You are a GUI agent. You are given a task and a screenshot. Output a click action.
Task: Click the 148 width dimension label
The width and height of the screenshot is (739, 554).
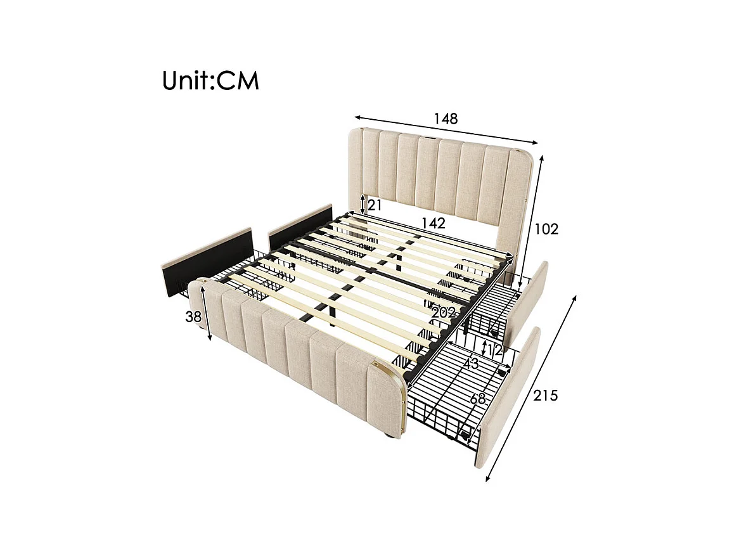click(446, 119)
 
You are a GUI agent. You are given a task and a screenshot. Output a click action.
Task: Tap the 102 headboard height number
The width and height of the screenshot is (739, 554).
click(546, 229)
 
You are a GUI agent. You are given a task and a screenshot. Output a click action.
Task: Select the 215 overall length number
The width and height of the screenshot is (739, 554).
click(545, 396)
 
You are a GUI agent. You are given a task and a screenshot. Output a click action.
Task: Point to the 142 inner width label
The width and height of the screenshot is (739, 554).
click(434, 223)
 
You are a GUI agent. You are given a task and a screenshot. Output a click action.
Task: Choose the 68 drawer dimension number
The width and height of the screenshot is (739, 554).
click(479, 399)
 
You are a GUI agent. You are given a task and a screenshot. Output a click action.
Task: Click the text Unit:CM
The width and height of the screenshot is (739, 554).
click(210, 81)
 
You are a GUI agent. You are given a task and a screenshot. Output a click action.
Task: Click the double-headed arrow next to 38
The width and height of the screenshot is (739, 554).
click(206, 312)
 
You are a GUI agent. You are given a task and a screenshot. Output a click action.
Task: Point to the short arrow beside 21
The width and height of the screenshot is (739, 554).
click(362, 204)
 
